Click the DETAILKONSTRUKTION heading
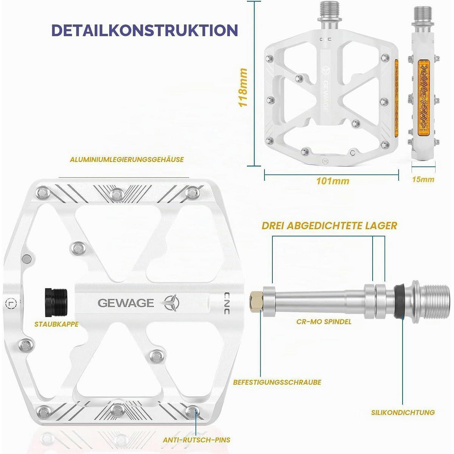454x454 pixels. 145,30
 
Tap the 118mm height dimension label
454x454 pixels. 243,87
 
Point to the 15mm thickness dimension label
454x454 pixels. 423,179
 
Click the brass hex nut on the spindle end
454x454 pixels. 257,302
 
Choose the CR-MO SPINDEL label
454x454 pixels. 324,322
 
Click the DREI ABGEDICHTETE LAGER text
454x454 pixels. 330,225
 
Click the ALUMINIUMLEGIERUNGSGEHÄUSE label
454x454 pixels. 127,159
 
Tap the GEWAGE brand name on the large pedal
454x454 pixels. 126,303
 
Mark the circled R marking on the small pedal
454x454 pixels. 325,161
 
